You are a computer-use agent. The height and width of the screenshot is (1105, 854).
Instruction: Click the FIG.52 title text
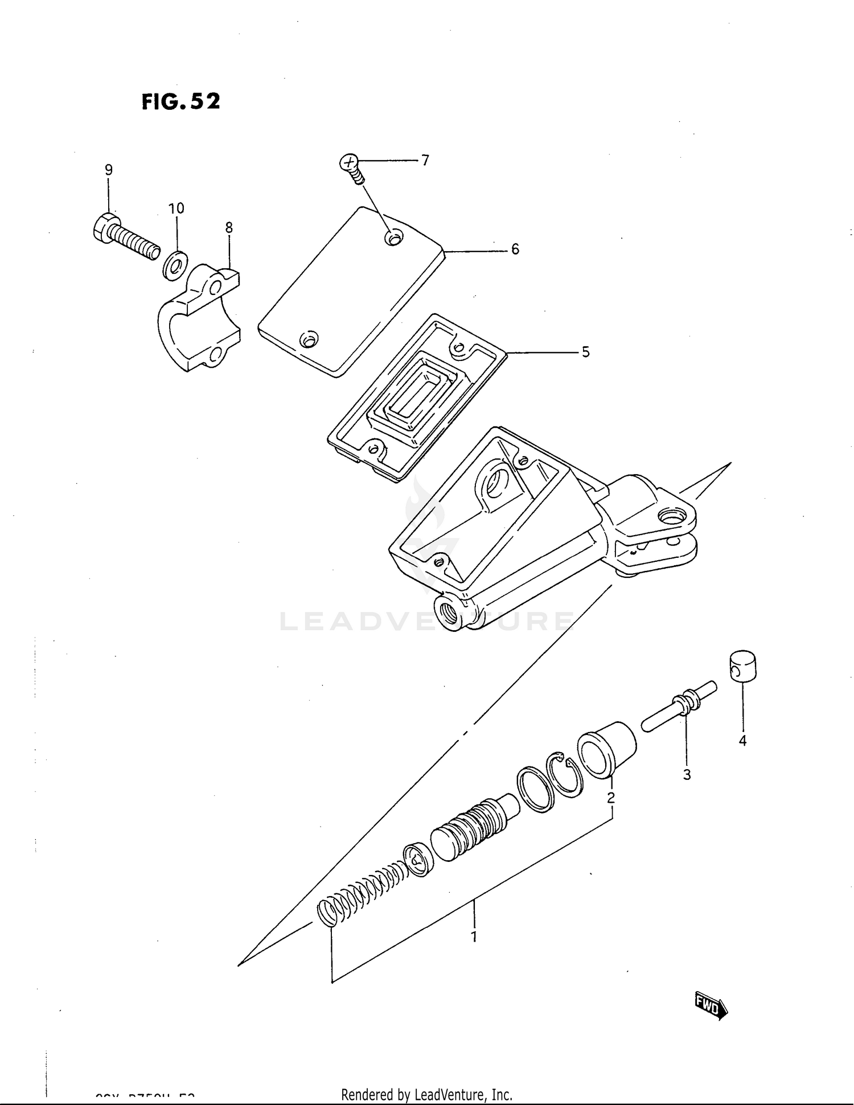click(x=180, y=101)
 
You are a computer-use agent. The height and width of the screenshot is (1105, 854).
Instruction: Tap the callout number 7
click(x=425, y=161)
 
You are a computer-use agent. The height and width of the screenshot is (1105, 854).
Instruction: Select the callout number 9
click(x=108, y=170)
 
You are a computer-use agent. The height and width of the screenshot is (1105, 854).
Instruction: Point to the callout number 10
click(x=176, y=208)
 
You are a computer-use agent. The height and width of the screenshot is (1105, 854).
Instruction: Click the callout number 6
click(x=515, y=249)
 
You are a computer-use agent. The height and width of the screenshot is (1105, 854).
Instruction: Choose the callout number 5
click(x=585, y=352)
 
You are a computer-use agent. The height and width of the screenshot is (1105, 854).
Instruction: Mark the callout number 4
click(x=742, y=741)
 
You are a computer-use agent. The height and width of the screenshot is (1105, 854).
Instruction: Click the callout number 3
click(x=687, y=774)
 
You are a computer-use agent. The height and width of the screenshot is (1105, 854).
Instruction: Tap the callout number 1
click(x=474, y=936)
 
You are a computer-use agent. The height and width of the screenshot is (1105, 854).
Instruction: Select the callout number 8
click(x=229, y=228)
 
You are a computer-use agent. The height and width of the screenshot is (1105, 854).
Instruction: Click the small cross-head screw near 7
click(x=351, y=167)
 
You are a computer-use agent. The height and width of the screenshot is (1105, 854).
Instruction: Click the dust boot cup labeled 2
click(x=606, y=749)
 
